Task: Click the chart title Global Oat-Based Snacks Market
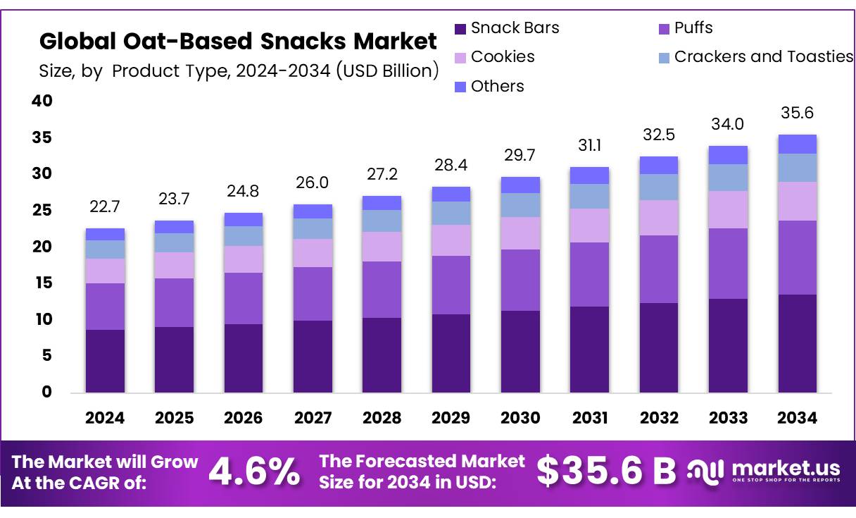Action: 238,42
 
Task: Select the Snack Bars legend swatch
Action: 460,29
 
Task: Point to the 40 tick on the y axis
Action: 42,101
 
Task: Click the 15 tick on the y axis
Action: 42,283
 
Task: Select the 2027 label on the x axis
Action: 313,418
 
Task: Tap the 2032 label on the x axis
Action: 660,418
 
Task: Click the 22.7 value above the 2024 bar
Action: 105,207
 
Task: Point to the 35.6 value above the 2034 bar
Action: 798,113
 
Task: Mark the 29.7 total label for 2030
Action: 521,155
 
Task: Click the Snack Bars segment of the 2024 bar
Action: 105,361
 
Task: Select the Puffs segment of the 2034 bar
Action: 798,258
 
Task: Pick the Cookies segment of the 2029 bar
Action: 451,240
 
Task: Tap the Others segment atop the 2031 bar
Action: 590,175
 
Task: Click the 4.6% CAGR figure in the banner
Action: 254,472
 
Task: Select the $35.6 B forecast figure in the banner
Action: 605,472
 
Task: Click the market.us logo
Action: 764,471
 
